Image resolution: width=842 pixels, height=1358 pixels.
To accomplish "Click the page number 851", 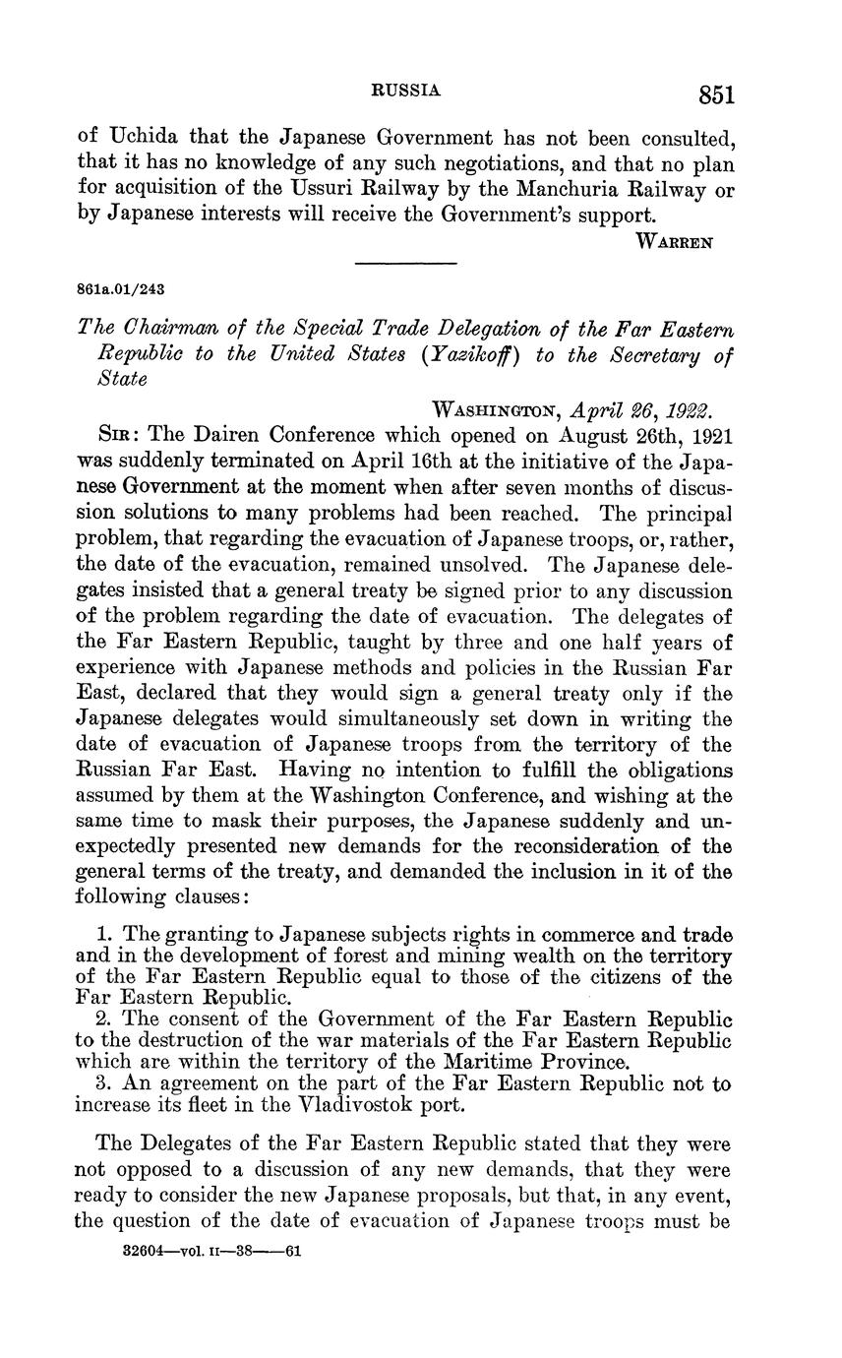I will pyautogui.click(x=717, y=94).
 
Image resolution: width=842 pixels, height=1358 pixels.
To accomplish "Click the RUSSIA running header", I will pyautogui.click(x=405, y=90).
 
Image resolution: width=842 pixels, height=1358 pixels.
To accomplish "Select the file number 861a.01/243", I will pyautogui.click(x=119, y=289).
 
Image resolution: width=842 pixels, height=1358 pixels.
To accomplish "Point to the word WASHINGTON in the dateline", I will pyautogui.click(x=496, y=408).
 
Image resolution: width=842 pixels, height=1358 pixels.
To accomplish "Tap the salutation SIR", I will pyautogui.click(x=121, y=434).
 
